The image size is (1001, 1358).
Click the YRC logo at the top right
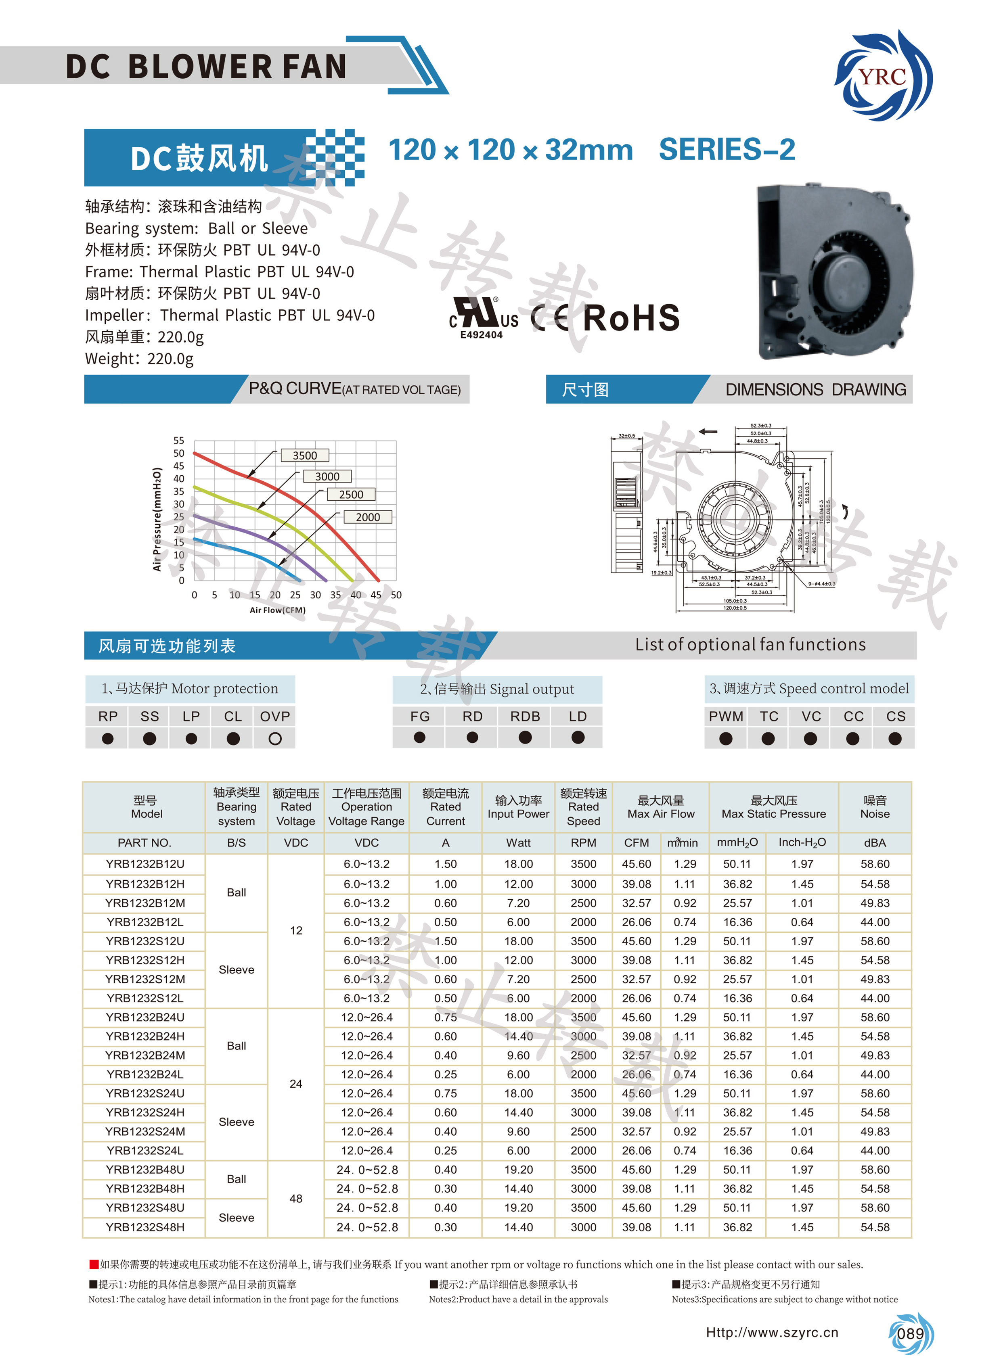(x=884, y=76)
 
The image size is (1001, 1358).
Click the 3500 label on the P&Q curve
(x=305, y=455)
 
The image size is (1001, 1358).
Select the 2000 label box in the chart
(x=368, y=517)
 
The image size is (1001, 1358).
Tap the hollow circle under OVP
(x=275, y=738)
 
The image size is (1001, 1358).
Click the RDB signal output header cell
(x=525, y=717)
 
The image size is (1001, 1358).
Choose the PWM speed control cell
(x=726, y=717)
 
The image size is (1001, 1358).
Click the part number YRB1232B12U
(x=145, y=864)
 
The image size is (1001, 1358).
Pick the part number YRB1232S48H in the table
(x=145, y=1227)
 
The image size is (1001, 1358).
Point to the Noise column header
(x=875, y=807)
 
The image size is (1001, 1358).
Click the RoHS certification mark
(x=631, y=318)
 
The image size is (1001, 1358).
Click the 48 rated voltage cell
(x=296, y=1199)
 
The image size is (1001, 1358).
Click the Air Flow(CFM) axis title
(x=278, y=610)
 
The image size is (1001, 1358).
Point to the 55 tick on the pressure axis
(x=179, y=440)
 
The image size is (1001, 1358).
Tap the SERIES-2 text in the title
(x=727, y=150)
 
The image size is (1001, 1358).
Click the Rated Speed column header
(x=584, y=807)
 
